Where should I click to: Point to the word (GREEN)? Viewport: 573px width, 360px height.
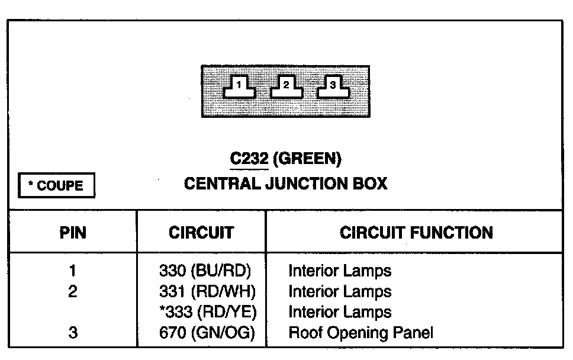(309, 159)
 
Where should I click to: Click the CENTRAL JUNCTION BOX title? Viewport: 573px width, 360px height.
(286, 184)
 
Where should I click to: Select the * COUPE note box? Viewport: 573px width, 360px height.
(57, 186)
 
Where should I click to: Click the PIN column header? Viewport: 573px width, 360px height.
(73, 233)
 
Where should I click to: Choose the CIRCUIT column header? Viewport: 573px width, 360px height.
(201, 233)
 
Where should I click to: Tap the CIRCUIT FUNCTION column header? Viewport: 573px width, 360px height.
(416, 233)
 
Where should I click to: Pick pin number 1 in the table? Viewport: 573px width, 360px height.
(73, 272)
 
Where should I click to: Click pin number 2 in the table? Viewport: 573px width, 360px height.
(73, 292)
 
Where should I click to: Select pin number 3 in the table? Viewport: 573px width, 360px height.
(73, 333)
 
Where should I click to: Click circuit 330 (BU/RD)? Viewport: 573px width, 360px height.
(205, 272)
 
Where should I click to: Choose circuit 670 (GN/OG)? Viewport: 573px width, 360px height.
(207, 333)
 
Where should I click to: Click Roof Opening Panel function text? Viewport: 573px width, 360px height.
(360, 333)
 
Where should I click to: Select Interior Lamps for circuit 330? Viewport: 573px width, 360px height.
(340, 272)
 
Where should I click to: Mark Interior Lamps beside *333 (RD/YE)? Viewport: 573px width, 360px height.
(340, 312)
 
